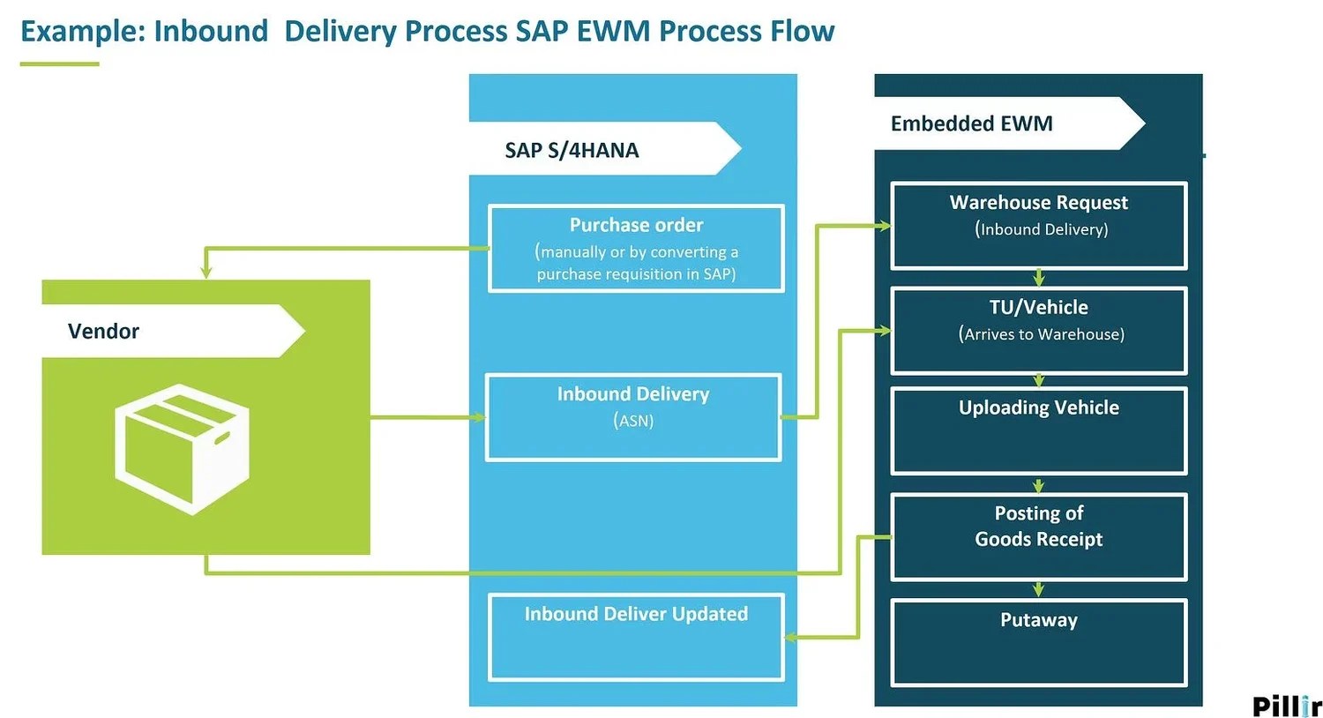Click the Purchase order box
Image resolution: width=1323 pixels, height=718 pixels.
[636, 249]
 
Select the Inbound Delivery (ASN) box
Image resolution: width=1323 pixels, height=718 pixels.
[633, 417]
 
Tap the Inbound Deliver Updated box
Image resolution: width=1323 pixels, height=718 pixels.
[636, 637]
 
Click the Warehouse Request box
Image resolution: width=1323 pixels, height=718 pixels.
[1039, 225]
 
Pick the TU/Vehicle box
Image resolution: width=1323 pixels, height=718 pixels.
[1039, 330]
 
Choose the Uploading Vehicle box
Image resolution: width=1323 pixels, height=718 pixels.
[1039, 430]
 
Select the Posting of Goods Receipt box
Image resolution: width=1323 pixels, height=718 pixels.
[1039, 536]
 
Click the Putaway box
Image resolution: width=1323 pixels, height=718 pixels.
[1039, 642]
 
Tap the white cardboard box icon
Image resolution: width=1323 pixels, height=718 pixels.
[183, 448]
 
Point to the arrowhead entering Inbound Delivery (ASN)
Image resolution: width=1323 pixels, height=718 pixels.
[479, 417]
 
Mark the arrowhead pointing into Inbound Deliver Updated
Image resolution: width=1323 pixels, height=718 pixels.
[791, 637]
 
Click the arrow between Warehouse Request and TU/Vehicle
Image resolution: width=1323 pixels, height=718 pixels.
[1039, 278]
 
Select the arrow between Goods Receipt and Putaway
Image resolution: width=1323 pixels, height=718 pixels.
[1039, 589]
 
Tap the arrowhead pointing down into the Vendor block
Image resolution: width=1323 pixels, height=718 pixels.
[206, 273]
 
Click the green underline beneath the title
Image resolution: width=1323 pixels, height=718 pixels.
[59, 64]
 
